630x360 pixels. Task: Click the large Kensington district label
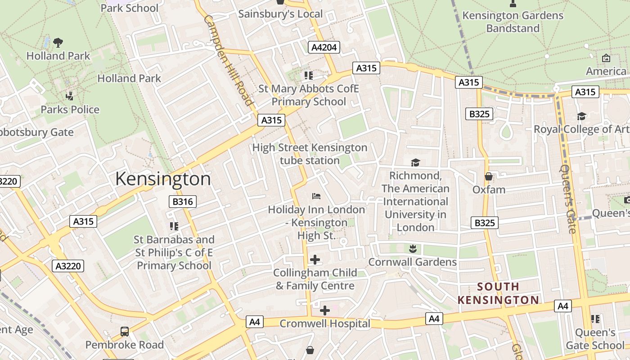163,179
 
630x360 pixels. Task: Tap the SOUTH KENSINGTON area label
498,293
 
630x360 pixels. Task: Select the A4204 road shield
324,47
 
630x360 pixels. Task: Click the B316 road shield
183,202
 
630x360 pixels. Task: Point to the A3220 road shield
68,266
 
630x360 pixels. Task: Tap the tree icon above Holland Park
58,43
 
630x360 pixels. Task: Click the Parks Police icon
69,96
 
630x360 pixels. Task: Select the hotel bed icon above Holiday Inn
316,196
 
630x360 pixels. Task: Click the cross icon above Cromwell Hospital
324,310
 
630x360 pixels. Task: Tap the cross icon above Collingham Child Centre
315,260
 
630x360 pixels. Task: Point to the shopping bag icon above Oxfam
489,176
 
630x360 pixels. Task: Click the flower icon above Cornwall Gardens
412,248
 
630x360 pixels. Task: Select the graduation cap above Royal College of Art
581,116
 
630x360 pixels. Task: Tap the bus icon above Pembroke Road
125,332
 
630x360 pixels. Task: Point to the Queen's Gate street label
568,198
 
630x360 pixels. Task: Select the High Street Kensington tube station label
310,154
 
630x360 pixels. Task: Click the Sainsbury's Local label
280,13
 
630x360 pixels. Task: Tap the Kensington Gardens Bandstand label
513,22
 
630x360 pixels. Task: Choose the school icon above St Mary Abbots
308,75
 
